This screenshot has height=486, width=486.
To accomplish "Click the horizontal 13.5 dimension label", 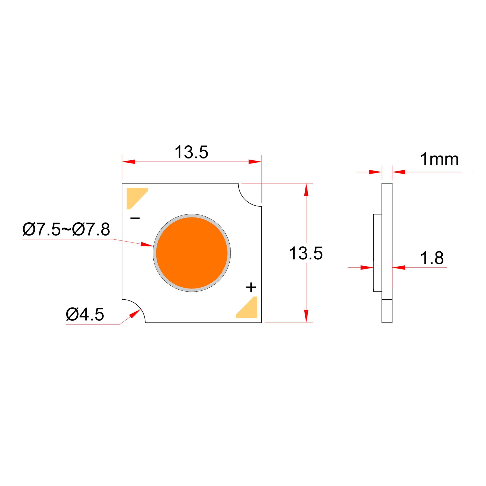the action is coord(191,152).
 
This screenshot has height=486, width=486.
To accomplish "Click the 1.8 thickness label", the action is coord(432,258).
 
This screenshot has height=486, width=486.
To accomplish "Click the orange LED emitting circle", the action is coord(192,253).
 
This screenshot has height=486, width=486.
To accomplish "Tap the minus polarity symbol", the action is coord(135,218).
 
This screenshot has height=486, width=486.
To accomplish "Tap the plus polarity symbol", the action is coord(251,287).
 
